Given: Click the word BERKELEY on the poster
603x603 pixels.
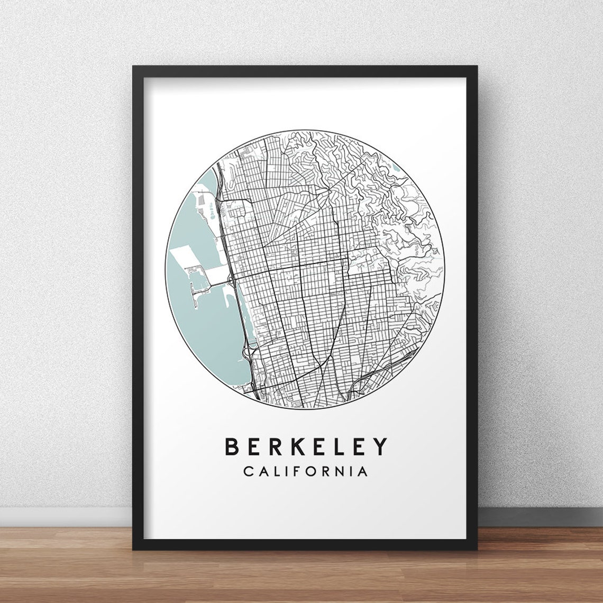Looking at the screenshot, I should click(306, 446).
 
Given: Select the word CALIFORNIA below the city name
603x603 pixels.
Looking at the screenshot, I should click(306, 471).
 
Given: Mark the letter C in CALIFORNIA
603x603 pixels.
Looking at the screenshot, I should click(248, 471).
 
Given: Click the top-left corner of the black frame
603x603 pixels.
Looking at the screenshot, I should click(134, 67).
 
